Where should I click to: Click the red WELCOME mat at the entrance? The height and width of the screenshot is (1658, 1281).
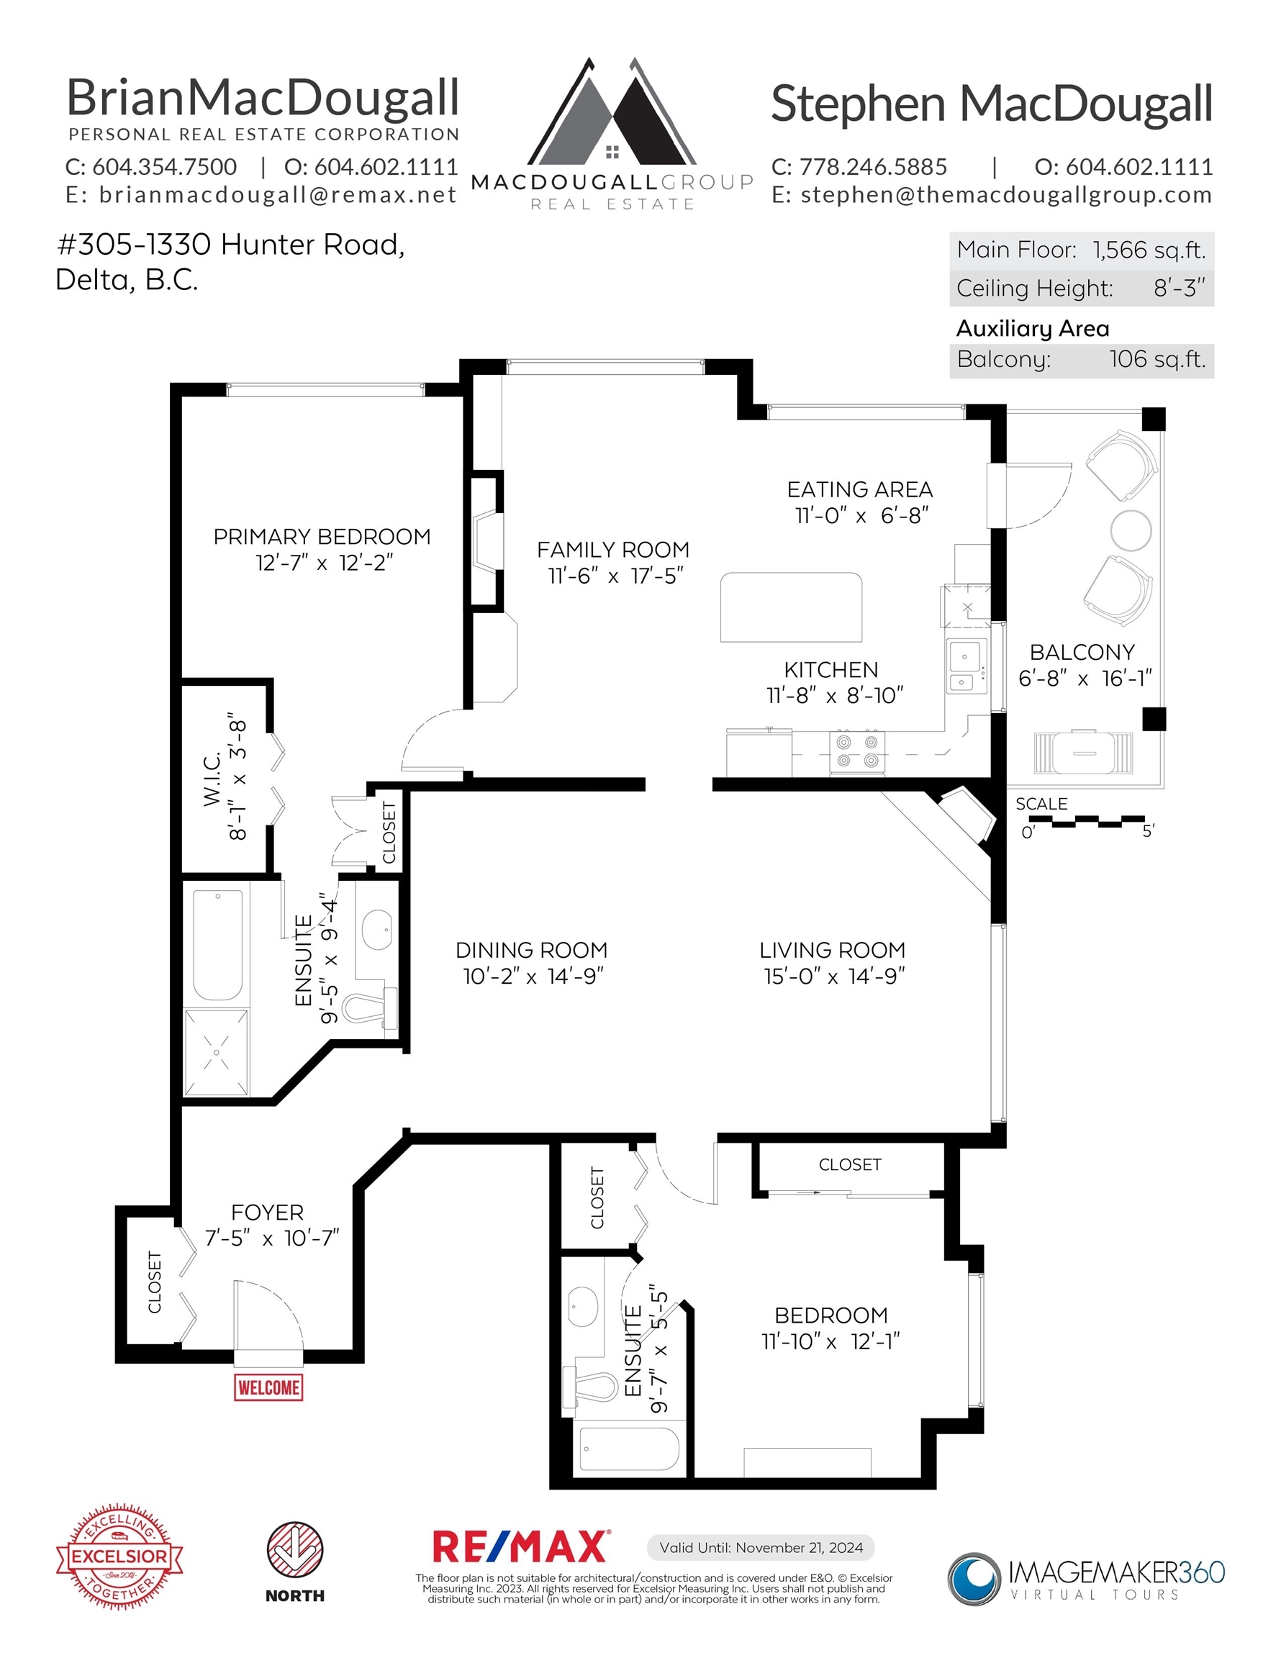268,1387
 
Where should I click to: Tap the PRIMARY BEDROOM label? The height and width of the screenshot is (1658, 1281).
322,537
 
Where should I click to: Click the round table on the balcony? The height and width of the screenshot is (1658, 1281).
1131,529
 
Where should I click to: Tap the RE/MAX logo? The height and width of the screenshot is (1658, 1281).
520,1546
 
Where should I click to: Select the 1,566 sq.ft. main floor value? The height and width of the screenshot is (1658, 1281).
1149,250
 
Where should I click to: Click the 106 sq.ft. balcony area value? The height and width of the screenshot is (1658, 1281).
1157,359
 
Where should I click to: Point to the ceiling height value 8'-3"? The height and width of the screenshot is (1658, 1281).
1180,289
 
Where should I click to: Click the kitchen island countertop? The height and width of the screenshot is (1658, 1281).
791,607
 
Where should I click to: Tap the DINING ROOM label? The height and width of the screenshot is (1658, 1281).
532,950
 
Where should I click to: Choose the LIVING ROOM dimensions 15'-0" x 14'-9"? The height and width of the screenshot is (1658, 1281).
835,976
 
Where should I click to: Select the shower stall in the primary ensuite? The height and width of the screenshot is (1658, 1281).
217,1052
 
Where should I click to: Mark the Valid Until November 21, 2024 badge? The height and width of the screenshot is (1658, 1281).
761,1547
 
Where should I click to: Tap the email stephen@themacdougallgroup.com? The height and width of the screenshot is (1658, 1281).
1006,195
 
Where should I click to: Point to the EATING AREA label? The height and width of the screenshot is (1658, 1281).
860,489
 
